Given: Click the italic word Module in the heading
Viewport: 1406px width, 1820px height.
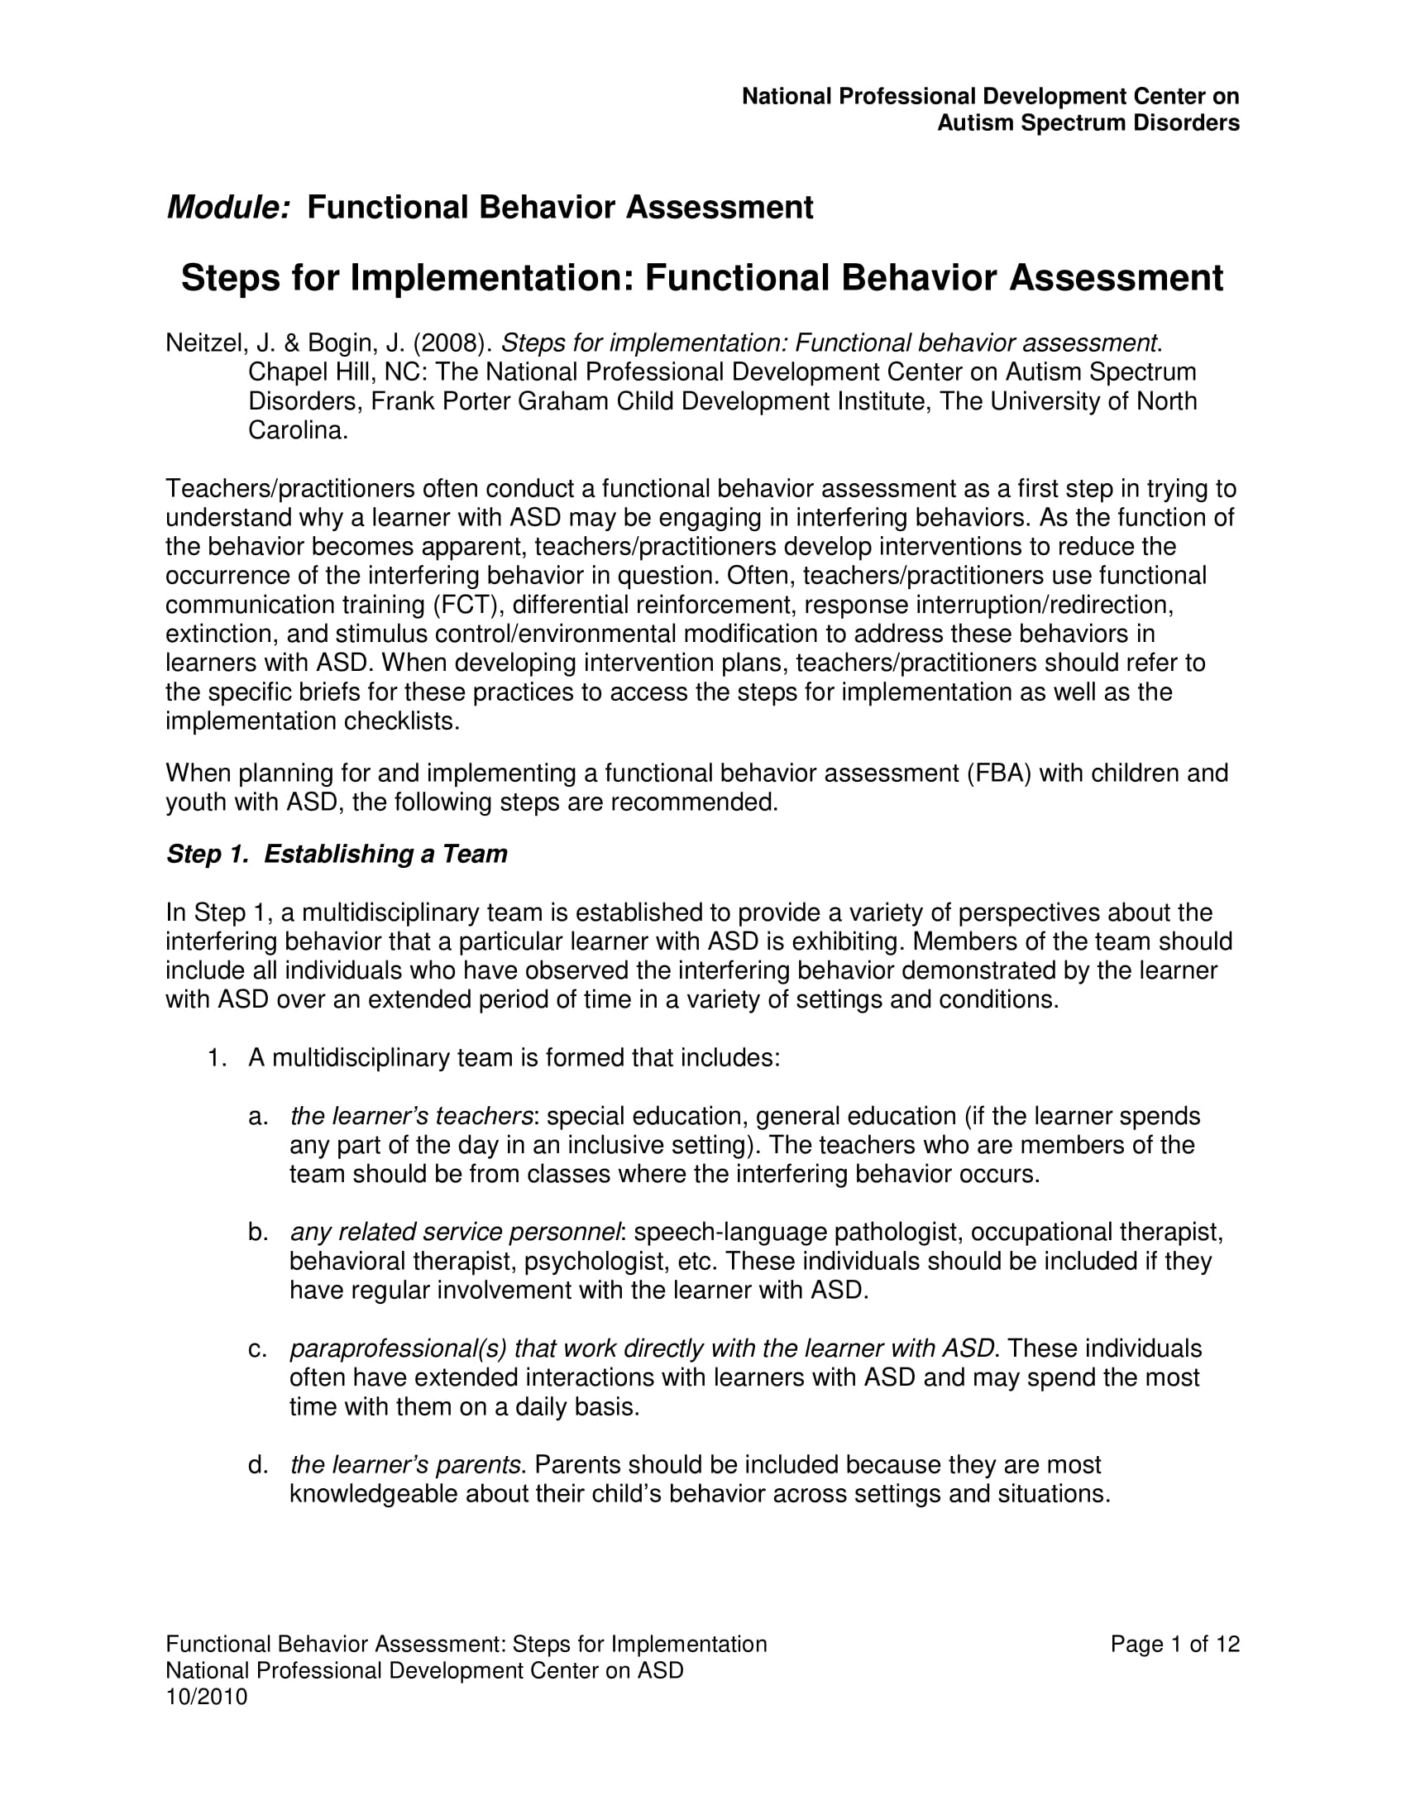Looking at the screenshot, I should pos(227,208).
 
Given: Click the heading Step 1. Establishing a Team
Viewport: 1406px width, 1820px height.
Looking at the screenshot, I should pos(337,855).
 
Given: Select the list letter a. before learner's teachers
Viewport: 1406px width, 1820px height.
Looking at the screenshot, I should pos(257,1117).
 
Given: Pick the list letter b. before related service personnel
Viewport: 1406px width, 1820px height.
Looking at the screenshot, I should pos(257,1233).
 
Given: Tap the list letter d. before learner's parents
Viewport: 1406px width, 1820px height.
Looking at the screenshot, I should pos(257,1465).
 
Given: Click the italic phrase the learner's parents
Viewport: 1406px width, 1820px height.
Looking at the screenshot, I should pos(406,1465).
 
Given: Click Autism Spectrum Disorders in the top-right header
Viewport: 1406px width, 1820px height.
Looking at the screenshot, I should pos(1088,123).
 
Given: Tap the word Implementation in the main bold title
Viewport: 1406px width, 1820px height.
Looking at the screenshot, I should pos(492,278).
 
